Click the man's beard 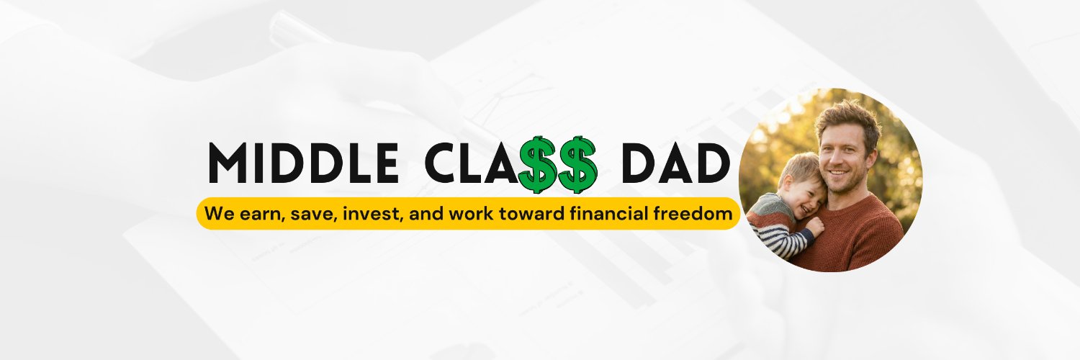coord(848,180)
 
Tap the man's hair coord(850,115)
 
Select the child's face coord(804,191)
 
